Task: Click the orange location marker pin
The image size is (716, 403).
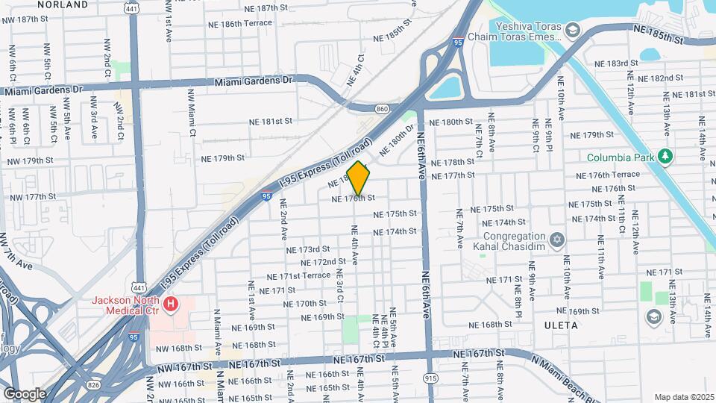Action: [x=359, y=178]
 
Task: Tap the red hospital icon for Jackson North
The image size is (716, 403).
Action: [x=172, y=304]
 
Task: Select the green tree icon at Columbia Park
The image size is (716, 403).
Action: [x=665, y=157]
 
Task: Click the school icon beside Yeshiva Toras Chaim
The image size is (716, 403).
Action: [x=572, y=30]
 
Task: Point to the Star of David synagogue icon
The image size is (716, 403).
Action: [x=555, y=240]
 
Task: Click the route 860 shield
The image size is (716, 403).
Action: [x=383, y=109]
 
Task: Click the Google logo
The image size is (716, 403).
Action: [x=25, y=393]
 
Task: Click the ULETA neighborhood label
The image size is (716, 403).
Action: [x=561, y=325]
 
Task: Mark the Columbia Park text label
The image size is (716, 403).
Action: [x=620, y=157]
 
